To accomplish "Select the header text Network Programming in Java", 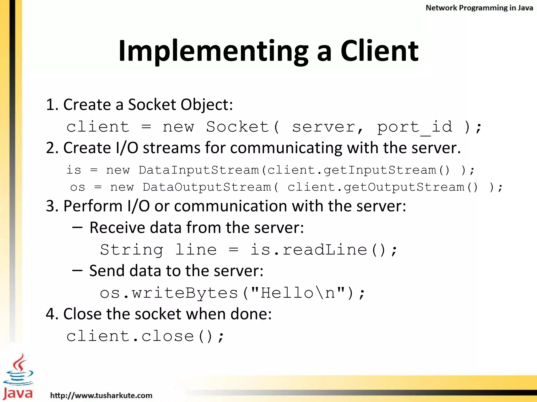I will tap(479, 8).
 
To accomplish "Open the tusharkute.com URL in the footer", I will tap(101, 395).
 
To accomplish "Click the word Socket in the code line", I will tap(238, 127).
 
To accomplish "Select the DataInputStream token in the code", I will tap(199, 170).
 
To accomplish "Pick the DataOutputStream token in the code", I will tap(207, 187).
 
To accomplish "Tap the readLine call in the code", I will tap(325, 249).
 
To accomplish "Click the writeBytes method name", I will tap(185, 293).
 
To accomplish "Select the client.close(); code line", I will tap(145, 336).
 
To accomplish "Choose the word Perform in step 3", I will tap(93, 206).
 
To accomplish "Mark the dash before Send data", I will tap(77, 271).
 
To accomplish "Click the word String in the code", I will tap(132, 249).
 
